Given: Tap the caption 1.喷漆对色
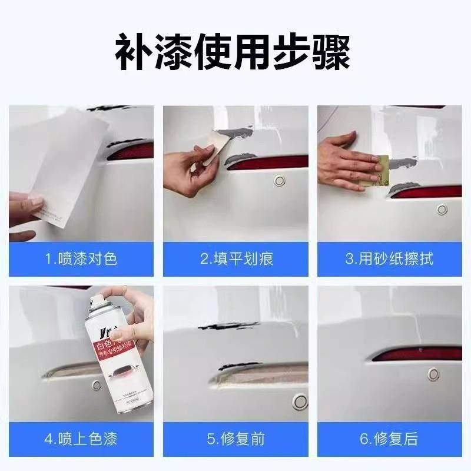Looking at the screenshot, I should click(x=81, y=259).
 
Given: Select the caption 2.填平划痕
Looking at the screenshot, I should click(x=235, y=259).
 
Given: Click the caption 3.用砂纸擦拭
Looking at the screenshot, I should click(x=390, y=259).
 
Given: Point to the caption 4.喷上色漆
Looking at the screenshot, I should click(x=81, y=439).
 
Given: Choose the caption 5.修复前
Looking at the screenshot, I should click(x=235, y=439).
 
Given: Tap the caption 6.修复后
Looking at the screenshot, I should click(x=390, y=439).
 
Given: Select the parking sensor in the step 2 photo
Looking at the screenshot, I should click(x=280, y=181).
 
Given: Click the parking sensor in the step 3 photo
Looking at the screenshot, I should click(x=442, y=209).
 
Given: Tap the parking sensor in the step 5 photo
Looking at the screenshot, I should click(x=300, y=402).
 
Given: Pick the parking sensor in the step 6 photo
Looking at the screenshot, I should click(x=433, y=374).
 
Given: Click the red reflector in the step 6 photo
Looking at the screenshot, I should click(x=418, y=354).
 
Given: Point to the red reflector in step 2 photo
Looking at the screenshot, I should click(x=268, y=162).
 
